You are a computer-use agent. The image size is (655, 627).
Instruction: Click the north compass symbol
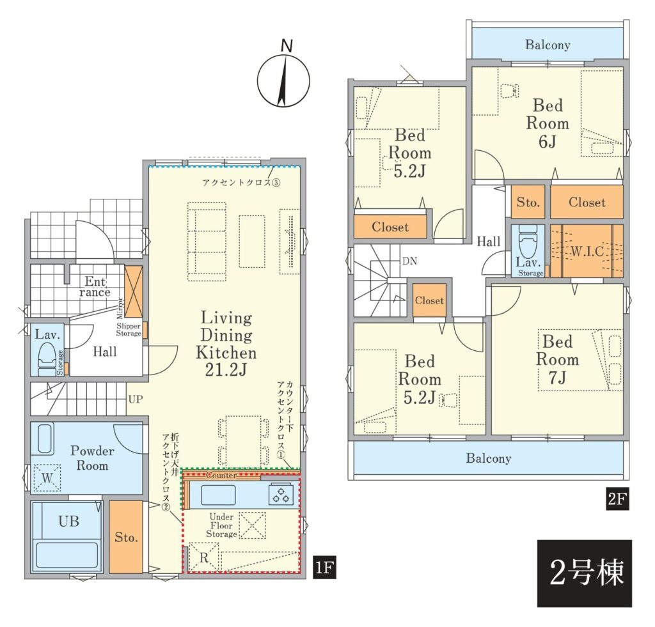click(x=283, y=77)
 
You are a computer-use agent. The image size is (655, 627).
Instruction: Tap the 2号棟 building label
click(x=585, y=573)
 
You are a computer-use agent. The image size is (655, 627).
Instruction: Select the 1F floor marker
click(x=324, y=568)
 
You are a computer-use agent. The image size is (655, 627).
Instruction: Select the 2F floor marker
click(x=617, y=499)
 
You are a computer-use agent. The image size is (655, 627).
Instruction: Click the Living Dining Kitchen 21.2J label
click(x=226, y=344)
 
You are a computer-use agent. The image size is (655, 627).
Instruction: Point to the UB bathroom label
click(x=69, y=522)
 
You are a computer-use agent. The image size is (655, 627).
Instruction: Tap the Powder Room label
click(x=92, y=458)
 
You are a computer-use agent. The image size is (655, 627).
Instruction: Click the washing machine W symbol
click(x=47, y=477)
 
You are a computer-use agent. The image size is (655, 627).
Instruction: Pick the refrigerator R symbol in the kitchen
click(x=203, y=557)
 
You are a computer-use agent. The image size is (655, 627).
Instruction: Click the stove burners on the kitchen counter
click(x=281, y=495)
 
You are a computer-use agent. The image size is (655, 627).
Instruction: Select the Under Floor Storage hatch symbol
click(x=252, y=525)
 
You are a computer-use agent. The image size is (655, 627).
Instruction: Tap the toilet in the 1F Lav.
click(x=47, y=355)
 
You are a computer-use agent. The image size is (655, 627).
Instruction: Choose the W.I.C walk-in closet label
click(x=587, y=251)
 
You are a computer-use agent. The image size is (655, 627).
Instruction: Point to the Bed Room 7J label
click(x=557, y=359)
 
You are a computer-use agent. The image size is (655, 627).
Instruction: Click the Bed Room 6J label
click(x=548, y=123)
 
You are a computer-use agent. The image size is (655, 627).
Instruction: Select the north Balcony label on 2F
click(x=548, y=45)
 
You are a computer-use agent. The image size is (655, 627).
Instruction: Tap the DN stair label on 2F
click(x=409, y=261)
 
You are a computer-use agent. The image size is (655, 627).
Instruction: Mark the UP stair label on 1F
click(x=136, y=399)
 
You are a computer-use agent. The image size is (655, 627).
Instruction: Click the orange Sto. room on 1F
click(x=126, y=537)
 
